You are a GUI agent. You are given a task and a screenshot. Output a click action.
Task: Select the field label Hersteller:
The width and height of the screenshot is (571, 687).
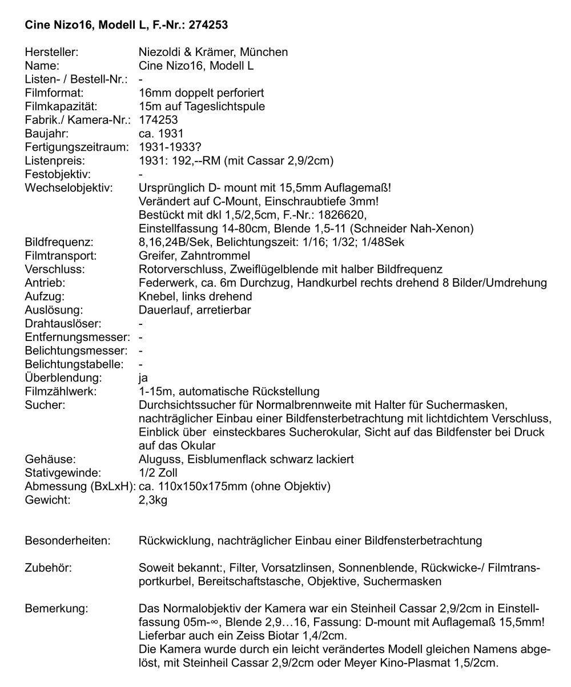pyautogui.click(x=51, y=52)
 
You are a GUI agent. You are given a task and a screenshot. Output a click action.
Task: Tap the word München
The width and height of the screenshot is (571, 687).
pyautogui.click(x=262, y=52)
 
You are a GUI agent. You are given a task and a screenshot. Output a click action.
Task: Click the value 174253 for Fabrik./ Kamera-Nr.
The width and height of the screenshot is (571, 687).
pyautogui.click(x=158, y=120)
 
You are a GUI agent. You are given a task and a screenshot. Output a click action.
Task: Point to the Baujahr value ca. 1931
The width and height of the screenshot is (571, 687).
pyautogui.click(x=161, y=134)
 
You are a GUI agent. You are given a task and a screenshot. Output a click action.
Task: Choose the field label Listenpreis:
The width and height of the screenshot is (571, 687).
pyautogui.click(x=55, y=161)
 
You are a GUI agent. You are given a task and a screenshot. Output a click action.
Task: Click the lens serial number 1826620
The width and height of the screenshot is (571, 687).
pyautogui.click(x=342, y=215)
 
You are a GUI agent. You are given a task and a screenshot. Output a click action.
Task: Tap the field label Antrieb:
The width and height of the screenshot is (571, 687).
pyautogui.click(x=45, y=283)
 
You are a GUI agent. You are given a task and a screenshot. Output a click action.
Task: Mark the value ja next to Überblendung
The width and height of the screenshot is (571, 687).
pyautogui.click(x=143, y=378)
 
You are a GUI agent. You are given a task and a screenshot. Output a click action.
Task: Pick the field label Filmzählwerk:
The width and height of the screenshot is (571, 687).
pyautogui.click(x=61, y=392)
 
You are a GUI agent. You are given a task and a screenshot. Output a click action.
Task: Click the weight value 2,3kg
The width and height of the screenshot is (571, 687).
pyautogui.click(x=153, y=501)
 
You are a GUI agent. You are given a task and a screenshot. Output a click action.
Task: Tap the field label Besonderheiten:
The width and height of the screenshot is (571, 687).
pyautogui.click(x=68, y=541)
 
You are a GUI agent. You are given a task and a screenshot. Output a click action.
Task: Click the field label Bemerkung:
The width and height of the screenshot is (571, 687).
pyautogui.click(x=57, y=609)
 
